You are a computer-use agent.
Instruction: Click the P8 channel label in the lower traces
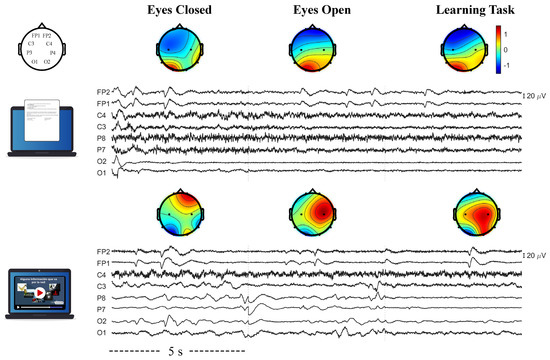coord(103,298)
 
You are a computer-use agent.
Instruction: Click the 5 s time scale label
coord(175,352)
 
